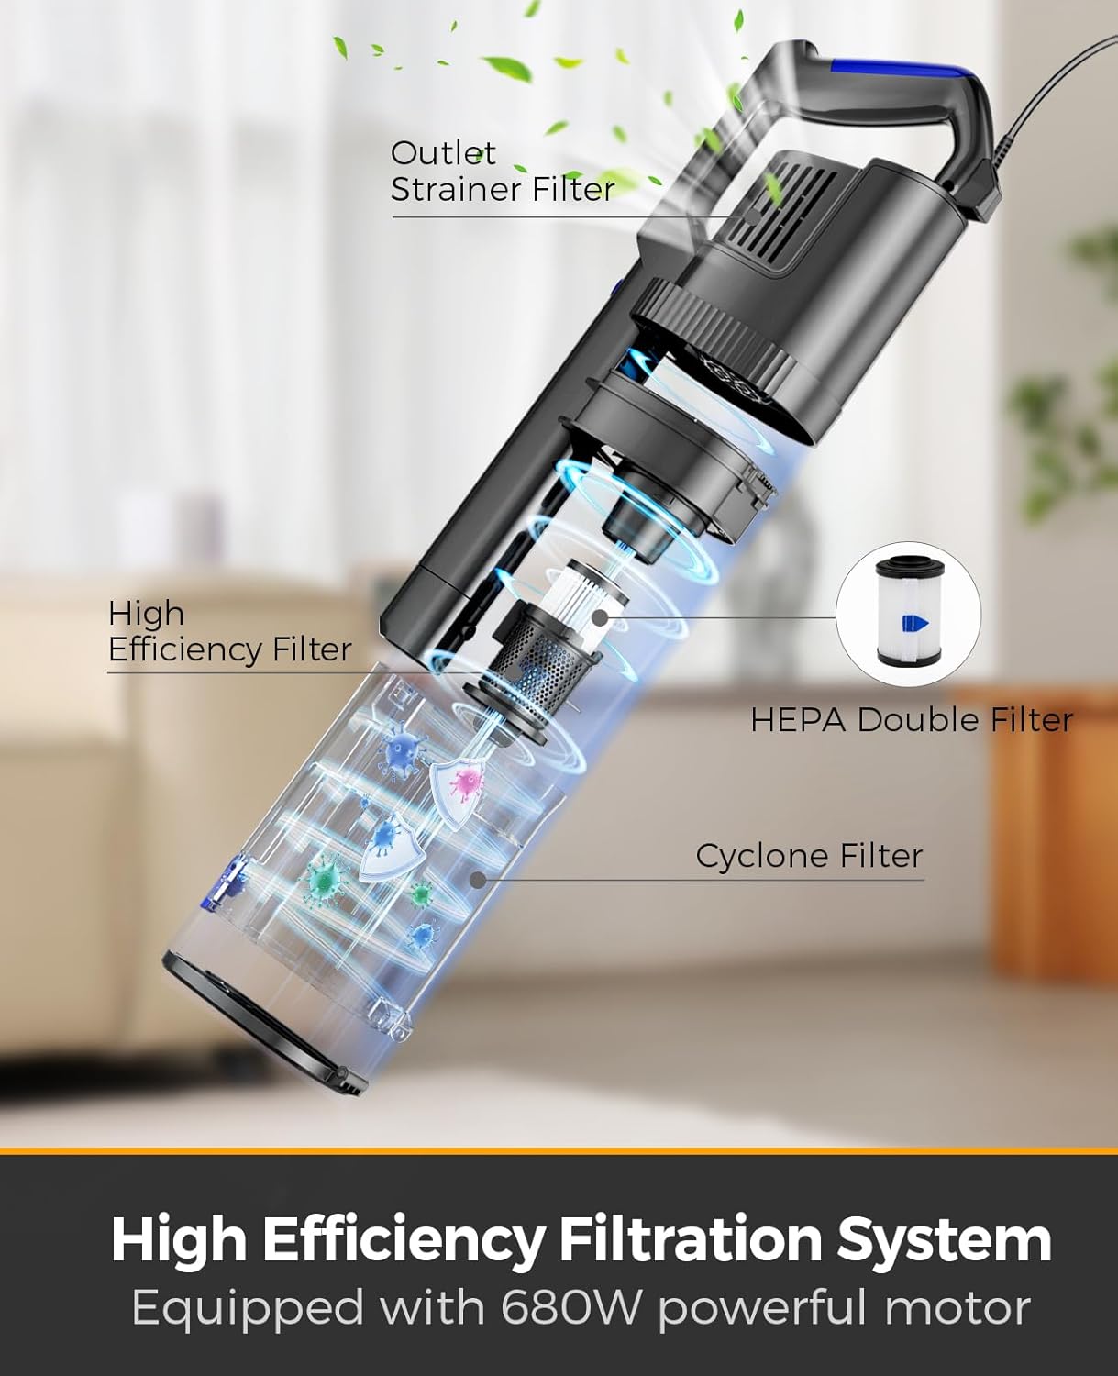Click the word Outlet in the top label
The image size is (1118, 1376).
point(443,154)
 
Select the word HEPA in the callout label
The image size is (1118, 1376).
point(798,720)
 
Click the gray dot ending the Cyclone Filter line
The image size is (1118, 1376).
point(477,879)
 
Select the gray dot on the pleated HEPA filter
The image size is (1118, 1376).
point(600,617)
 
